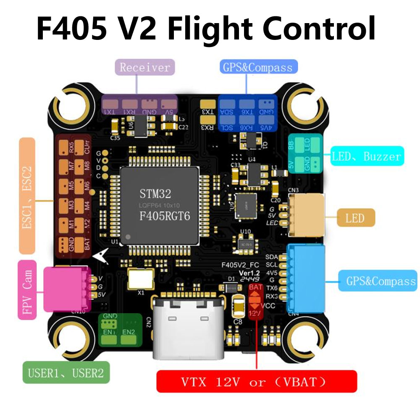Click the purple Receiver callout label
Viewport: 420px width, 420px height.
tap(145, 67)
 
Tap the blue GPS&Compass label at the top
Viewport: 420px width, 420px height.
tap(258, 67)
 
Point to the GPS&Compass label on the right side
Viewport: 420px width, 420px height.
tap(377, 281)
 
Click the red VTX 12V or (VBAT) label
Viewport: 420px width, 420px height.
tap(256, 381)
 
